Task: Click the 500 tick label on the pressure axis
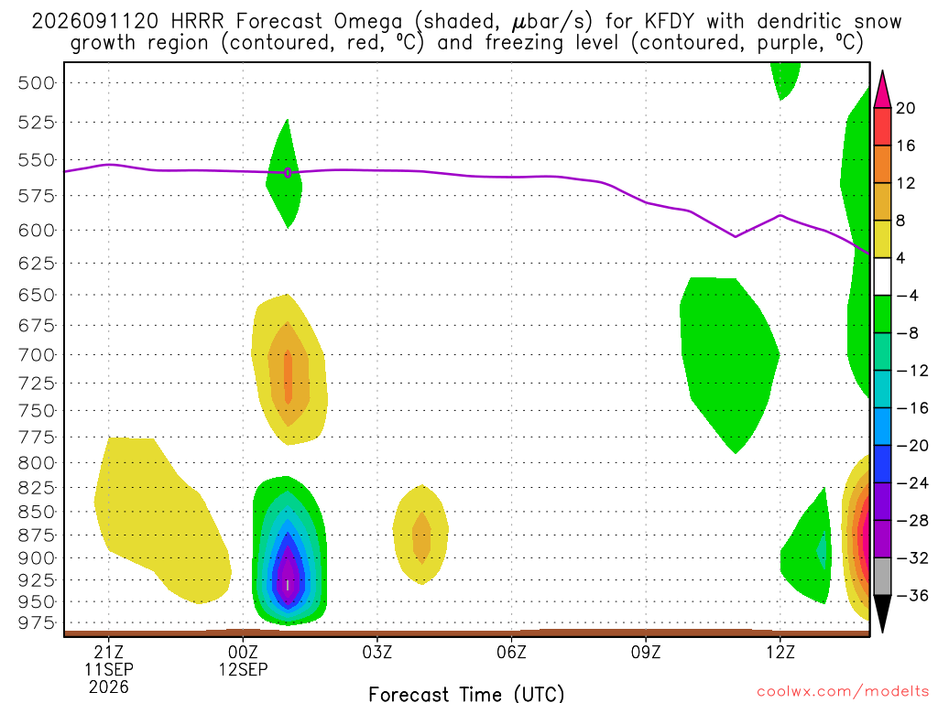coord(37,83)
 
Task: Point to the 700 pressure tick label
coord(37,355)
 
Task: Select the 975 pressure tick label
coord(37,622)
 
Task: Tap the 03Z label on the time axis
coord(377,652)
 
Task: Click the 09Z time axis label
coord(646,652)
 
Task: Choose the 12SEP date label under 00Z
coord(243,669)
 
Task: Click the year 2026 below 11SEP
coord(109,687)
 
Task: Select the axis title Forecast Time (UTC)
coord(466,694)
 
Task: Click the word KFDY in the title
coord(670,22)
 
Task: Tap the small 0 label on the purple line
coord(288,173)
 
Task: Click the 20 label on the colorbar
coord(906,108)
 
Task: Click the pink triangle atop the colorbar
coord(882,90)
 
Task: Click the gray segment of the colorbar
coord(882,577)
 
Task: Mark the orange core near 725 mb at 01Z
coord(289,377)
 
